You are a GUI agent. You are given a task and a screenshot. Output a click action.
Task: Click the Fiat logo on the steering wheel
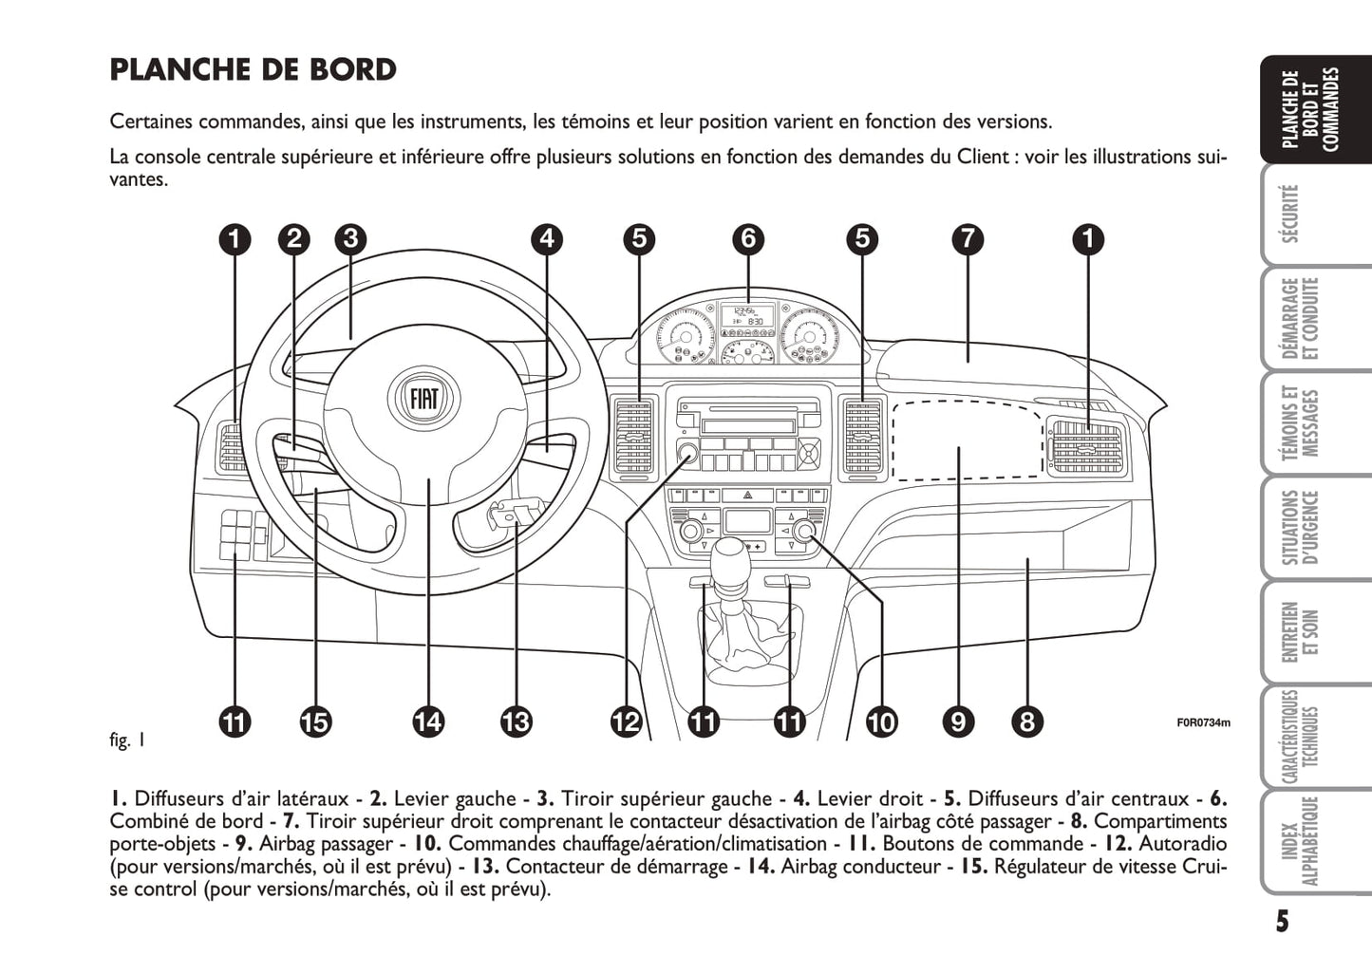click(424, 397)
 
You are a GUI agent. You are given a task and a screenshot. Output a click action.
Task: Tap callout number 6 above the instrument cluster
click(748, 238)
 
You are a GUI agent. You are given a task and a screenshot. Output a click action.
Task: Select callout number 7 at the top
click(967, 238)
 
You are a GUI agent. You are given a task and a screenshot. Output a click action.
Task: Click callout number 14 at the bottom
click(428, 722)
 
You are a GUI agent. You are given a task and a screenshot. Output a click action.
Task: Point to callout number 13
click(516, 722)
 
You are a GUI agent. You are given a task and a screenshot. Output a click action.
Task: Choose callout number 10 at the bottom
click(881, 722)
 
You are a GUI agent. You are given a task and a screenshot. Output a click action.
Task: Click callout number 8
click(1026, 722)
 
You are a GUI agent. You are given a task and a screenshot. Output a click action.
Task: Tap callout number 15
click(314, 722)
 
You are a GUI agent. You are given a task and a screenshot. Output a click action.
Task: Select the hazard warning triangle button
click(748, 495)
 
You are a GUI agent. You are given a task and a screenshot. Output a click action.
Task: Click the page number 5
click(1282, 921)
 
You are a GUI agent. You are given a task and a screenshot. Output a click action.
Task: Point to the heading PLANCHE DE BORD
click(254, 70)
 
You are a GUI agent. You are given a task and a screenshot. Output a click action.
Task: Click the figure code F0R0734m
click(1203, 723)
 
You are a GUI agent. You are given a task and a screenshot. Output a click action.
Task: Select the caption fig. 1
click(127, 740)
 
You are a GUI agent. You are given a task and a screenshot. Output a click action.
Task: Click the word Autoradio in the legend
click(1182, 844)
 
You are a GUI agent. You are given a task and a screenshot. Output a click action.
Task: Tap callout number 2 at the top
click(294, 238)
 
